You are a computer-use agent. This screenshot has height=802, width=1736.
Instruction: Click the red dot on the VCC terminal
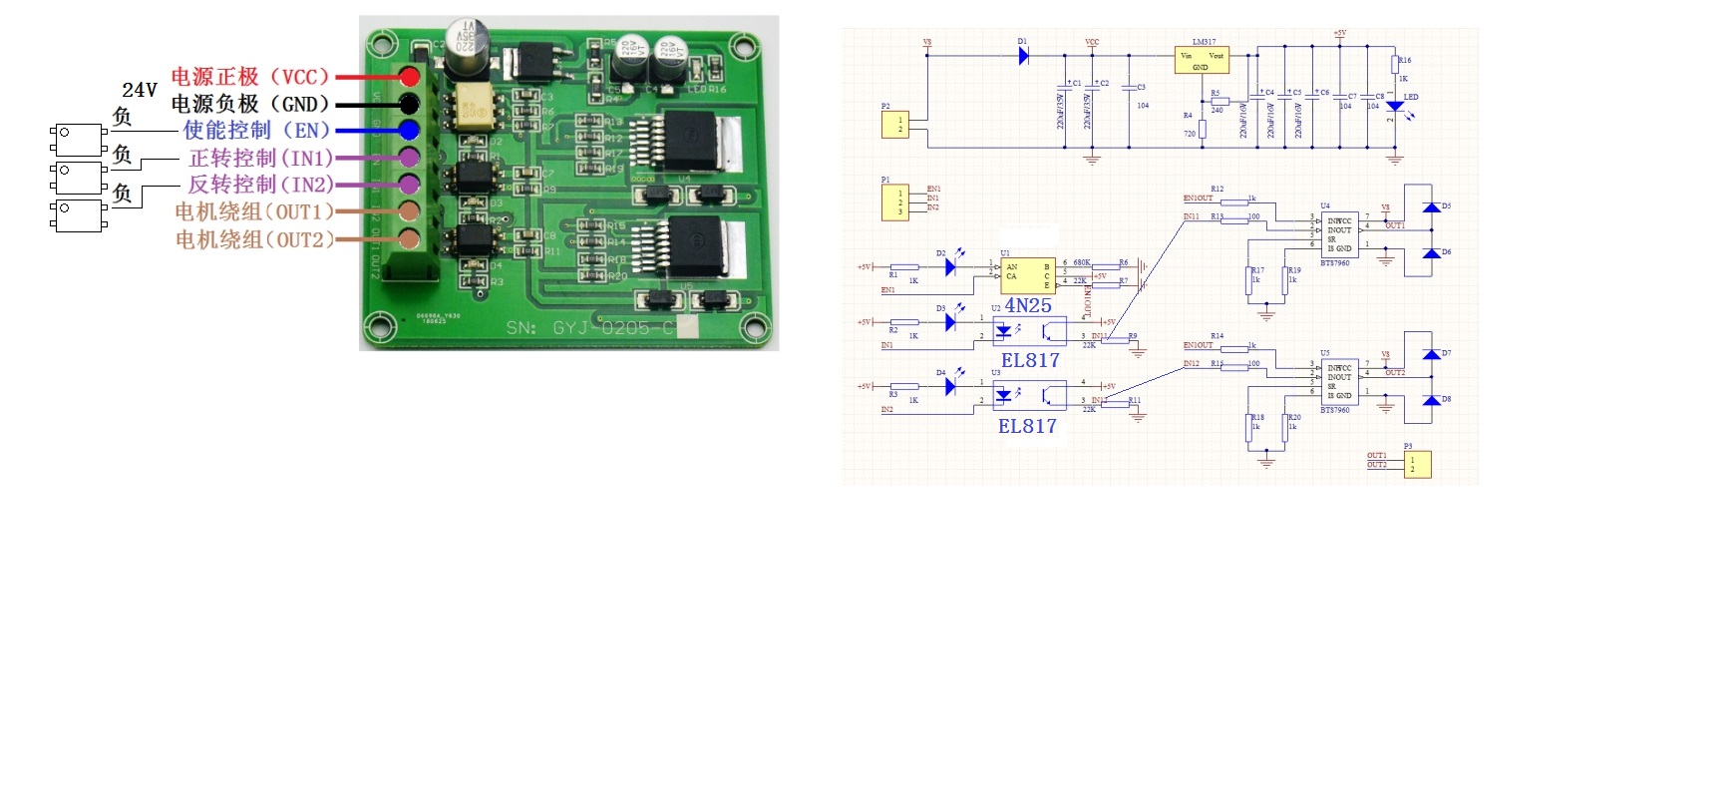point(409,76)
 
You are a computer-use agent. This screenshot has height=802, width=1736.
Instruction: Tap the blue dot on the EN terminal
point(409,130)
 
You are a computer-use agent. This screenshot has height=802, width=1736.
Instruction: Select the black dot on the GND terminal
point(409,103)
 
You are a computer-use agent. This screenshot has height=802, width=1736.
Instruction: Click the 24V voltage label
point(140,90)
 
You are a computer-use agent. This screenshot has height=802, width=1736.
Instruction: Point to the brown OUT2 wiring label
point(255,239)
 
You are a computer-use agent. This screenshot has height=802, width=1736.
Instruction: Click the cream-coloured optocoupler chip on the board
point(478,106)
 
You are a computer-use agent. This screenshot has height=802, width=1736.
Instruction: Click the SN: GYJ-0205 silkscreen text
point(588,328)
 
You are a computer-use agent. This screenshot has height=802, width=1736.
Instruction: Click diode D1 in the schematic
point(1023,56)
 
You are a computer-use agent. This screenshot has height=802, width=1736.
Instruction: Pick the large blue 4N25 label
point(1028,306)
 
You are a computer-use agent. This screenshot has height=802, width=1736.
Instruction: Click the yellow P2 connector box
point(894,125)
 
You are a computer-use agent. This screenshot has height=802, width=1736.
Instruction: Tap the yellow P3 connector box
point(1418,465)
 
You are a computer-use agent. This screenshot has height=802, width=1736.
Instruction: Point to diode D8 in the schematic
point(1432,400)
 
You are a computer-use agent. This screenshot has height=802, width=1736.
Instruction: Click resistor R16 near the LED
point(1395,66)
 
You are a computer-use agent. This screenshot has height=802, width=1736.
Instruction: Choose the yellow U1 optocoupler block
point(1027,274)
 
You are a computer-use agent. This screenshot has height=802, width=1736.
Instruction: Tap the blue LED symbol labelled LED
point(1396,105)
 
